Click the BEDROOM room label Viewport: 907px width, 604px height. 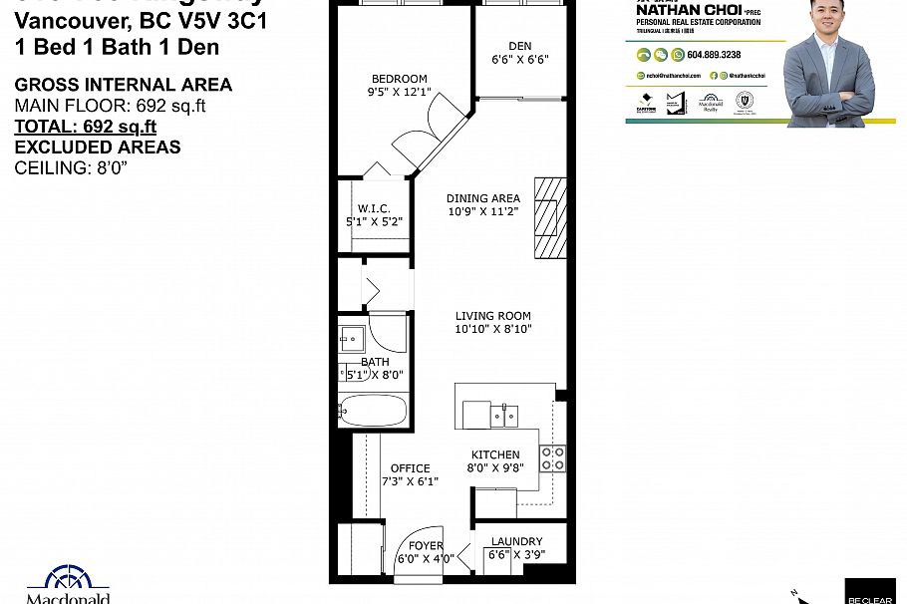point(399,79)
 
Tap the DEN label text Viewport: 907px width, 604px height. point(519,46)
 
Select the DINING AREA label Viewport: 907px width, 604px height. point(482,198)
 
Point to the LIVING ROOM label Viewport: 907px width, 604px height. point(492,316)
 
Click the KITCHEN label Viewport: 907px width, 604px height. point(494,454)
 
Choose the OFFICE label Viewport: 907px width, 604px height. point(410,467)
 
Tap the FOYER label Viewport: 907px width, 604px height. point(426,545)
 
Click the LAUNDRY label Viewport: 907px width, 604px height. point(515,543)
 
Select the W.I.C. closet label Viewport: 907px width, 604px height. point(374,208)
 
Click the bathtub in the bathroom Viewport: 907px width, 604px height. point(373,410)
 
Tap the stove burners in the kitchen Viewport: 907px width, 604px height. point(552,458)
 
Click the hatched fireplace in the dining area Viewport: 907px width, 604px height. point(550,217)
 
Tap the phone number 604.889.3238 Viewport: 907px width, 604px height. point(714,55)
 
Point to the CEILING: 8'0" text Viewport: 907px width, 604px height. point(71,167)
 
